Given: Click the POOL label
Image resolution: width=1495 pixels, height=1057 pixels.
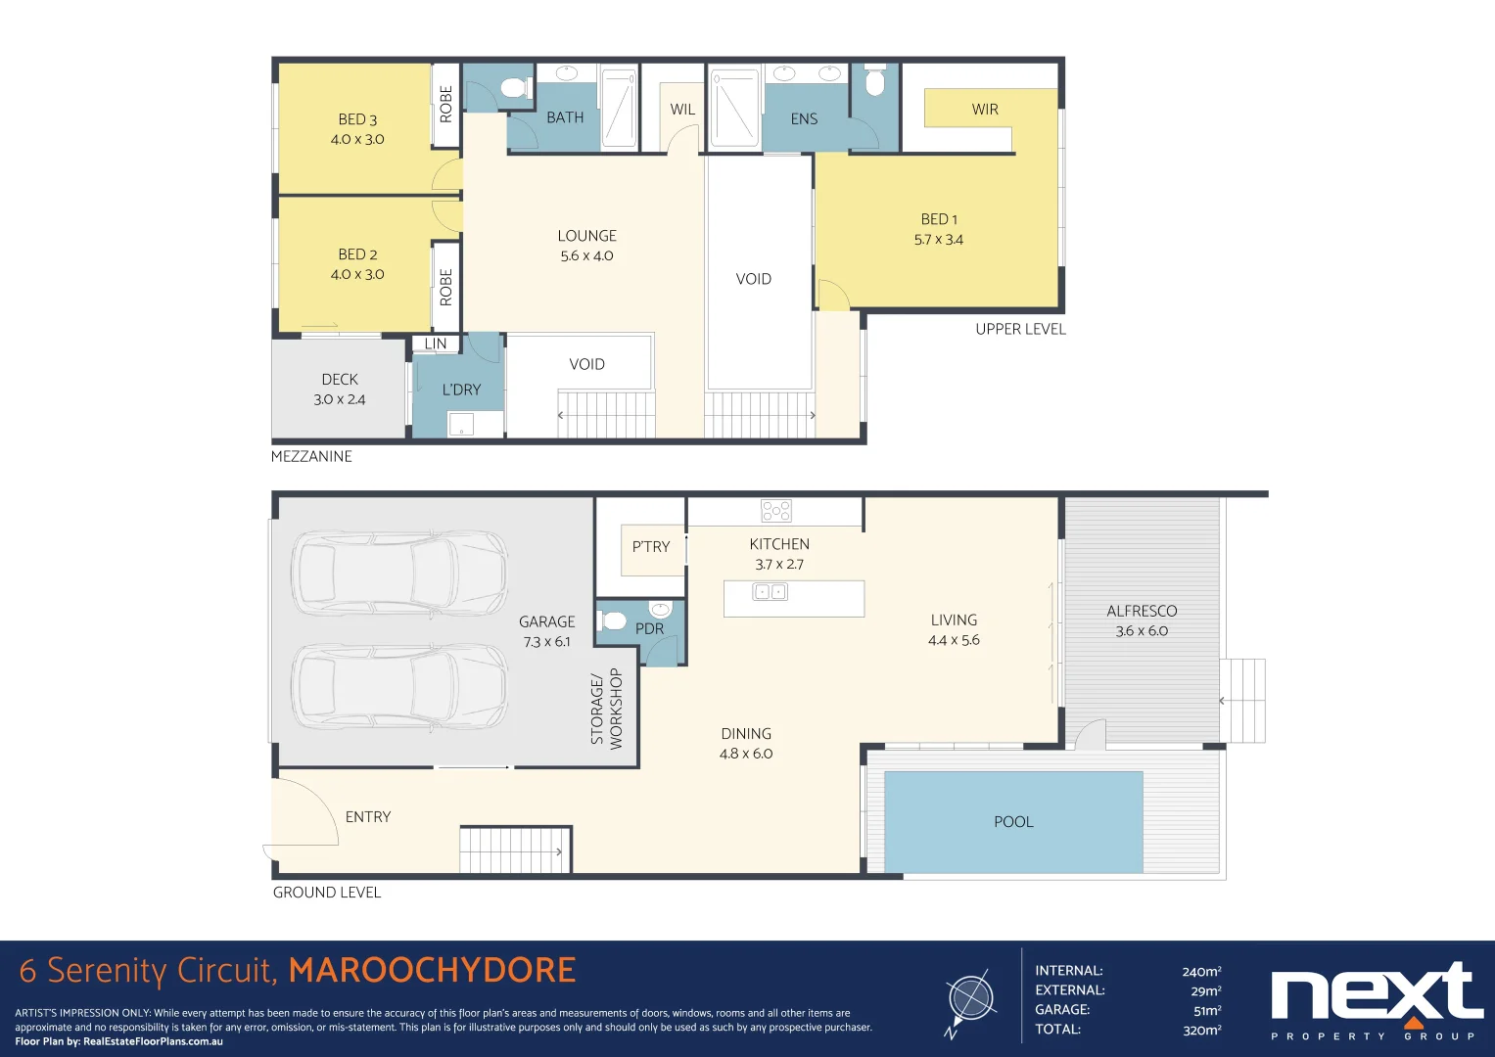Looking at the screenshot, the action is tap(1013, 821).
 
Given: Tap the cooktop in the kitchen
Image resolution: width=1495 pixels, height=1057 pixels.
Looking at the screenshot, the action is tap(776, 511).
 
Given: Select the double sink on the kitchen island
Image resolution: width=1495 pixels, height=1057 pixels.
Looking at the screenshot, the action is tap(771, 592).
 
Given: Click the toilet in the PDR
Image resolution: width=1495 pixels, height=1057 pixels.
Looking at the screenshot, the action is tap(613, 621).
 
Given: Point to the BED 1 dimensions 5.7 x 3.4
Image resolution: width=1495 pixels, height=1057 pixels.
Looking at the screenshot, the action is tap(938, 240).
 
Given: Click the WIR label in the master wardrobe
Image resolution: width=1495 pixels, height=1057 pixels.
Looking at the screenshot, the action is tap(985, 110).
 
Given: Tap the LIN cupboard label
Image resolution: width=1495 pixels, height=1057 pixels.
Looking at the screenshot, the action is tap(435, 343).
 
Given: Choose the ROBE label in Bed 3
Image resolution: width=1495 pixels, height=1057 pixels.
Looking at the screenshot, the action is tap(445, 104).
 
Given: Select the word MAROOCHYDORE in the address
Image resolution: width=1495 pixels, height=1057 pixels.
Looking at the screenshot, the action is tap(433, 970).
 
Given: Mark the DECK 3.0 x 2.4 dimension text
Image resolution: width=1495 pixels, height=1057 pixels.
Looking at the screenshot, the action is tap(340, 399).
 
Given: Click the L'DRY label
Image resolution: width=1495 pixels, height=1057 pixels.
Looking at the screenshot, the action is tap(461, 390).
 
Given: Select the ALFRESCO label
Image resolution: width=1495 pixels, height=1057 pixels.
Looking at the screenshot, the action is tap(1142, 611).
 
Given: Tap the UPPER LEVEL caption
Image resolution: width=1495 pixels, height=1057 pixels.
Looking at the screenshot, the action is tap(1020, 329).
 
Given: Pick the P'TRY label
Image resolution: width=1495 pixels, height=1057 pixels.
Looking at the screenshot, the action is tap(651, 546).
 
